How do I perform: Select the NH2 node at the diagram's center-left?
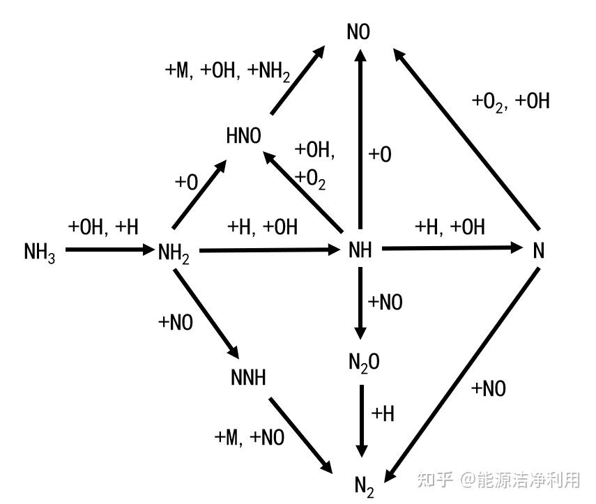[174, 252]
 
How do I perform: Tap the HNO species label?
[243, 136]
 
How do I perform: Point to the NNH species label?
[248, 379]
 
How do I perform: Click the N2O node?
[364, 362]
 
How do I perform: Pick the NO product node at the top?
[358, 33]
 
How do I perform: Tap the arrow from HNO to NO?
[298, 80]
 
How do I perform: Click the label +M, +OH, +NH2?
[227, 72]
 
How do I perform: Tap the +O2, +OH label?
[510, 102]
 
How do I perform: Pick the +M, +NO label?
[249, 437]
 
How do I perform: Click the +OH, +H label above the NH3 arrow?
[103, 227]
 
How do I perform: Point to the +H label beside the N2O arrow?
[383, 413]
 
